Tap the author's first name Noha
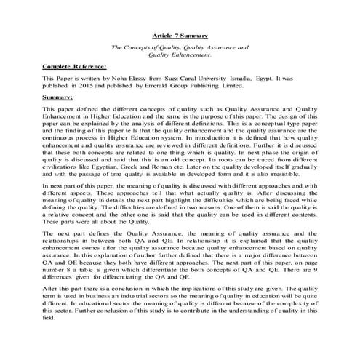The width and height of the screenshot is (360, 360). pos(115,77)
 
